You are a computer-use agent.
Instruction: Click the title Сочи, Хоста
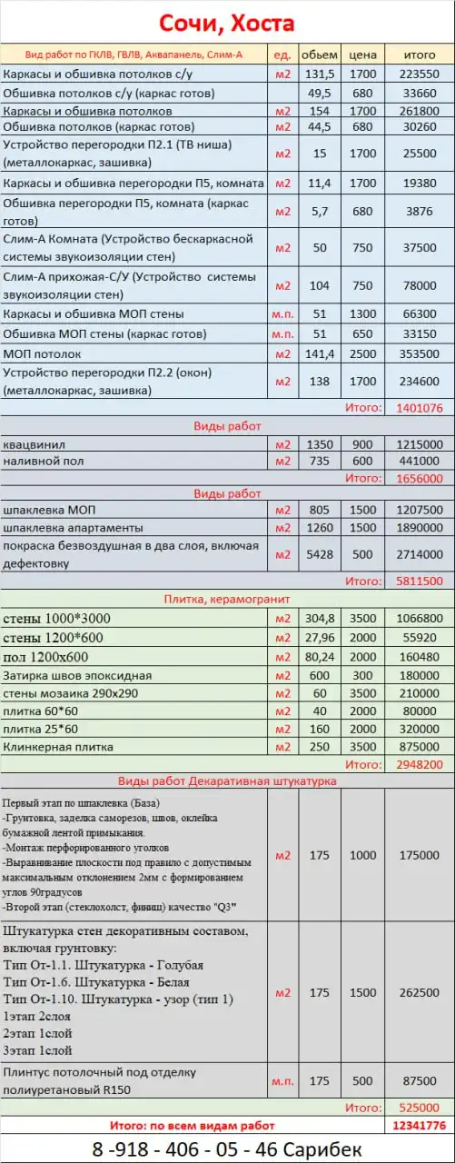pos(227,23)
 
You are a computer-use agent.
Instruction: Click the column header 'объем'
pos(319,55)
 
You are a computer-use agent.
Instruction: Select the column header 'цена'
pos(363,55)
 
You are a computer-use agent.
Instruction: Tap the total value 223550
pos(420,75)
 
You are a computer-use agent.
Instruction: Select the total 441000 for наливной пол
pos(420,461)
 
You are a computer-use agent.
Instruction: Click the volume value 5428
pos(319,553)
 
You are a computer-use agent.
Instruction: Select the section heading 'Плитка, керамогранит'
pos(227,599)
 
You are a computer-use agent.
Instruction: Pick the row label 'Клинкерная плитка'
pos(59,746)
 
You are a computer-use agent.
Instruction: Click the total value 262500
pos(420,992)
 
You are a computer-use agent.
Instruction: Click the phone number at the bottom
pos(227,1148)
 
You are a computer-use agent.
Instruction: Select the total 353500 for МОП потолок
pos(420,353)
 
